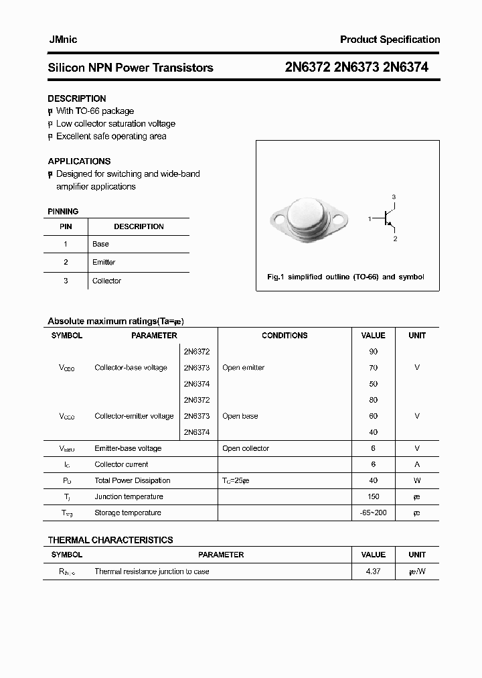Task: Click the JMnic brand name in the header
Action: click(x=62, y=40)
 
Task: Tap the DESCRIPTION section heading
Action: click(x=77, y=98)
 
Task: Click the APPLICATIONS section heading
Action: click(x=79, y=161)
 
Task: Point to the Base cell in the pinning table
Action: click(x=100, y=244)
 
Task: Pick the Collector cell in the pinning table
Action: click(x=106, y=281)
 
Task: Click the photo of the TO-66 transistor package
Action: click(x=309, y=218)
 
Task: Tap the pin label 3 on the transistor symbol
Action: click(x=394, y=196)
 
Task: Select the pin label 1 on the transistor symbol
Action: click(x=370, y=219)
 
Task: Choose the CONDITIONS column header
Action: click(x=285, y=336)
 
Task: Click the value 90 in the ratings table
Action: click(x=373, y=352)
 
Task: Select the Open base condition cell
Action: click(x=240, y=416)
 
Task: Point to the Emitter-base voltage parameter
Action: click(x=128, y=448)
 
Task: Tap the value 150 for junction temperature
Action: click(x=373, y=496)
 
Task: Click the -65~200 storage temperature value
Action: click(x=373, y=513)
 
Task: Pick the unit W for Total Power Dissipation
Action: click(x=417, y=480)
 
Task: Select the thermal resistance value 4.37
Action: click(x=373, y=571)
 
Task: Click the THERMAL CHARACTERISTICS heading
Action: click(x=110, y=540)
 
